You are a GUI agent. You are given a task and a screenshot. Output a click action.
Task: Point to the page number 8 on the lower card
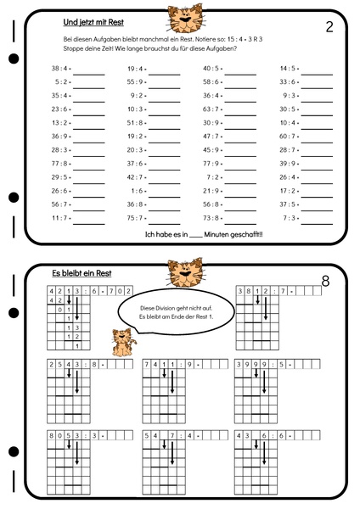click(326, 281)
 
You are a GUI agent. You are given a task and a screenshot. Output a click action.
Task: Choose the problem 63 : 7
click(211, 109)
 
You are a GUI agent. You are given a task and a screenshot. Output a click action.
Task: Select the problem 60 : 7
click(288, 137)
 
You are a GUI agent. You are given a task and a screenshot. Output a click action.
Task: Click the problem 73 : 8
click(211, 218)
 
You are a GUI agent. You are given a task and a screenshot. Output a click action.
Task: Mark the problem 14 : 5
click(288, 70)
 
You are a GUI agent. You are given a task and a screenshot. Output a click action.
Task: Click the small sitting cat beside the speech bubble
click(124, 341)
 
